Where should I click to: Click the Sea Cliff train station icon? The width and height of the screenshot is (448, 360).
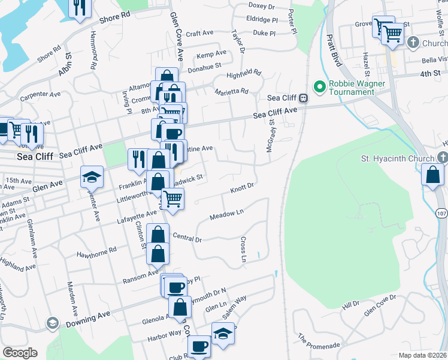[x=304, y=98]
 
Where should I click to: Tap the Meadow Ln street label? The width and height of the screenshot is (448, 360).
[x=227, y=214]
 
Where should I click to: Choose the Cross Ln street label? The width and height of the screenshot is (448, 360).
[x=244, y=250]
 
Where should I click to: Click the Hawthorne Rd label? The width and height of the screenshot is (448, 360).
[x=96, y=253]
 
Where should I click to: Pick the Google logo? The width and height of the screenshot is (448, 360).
[x=19, y=353]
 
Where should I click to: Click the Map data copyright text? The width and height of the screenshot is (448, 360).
[x=423, y=355]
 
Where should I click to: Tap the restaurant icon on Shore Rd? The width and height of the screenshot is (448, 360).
[x=77, y=8]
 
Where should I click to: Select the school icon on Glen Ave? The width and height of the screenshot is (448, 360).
[x=92, y=176]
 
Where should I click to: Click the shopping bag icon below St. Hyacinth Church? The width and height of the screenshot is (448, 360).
[x=432, y=175]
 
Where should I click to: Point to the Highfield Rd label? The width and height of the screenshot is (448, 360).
[x=244, y=74]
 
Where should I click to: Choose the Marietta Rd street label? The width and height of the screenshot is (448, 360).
[x=231, y=92]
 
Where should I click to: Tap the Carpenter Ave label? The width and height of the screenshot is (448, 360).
[x=40, y=95]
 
